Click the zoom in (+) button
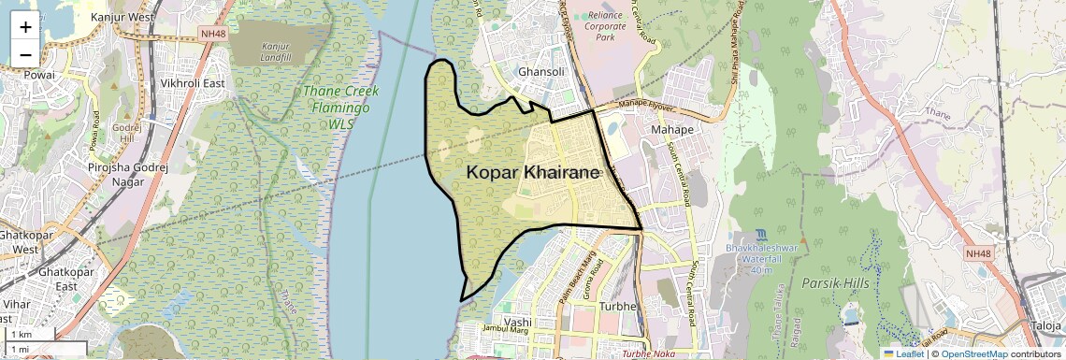tap(25, 27)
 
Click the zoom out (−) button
tap(25, 54)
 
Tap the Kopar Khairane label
tap(533, 171)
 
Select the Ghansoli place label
tap(543, 72)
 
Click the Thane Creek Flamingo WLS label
tap(341, 100)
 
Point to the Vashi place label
tap(517, 322)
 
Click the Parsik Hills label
tap(835, 282)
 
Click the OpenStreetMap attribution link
tap(973, 353)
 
